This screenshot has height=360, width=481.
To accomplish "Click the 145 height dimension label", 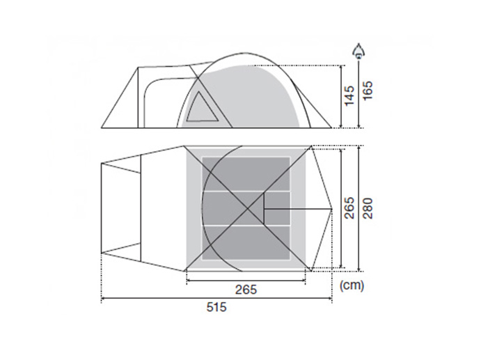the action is click(349, 95).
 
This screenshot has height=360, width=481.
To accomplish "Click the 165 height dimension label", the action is click(367, 90).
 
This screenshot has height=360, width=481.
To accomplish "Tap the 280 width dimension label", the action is click(368, 208).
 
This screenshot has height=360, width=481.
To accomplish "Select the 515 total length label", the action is click(216, 307).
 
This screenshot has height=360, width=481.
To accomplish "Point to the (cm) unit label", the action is click(352, 285).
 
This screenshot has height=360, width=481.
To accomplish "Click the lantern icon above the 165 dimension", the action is click(358, 51).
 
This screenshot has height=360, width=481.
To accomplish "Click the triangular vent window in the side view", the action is click(202, 107).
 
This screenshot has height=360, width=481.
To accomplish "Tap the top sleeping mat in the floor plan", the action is click(246, 173).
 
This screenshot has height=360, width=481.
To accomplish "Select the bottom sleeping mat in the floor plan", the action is click(246, 242).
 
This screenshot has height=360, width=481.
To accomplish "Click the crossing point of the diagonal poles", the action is click(248, 209).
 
